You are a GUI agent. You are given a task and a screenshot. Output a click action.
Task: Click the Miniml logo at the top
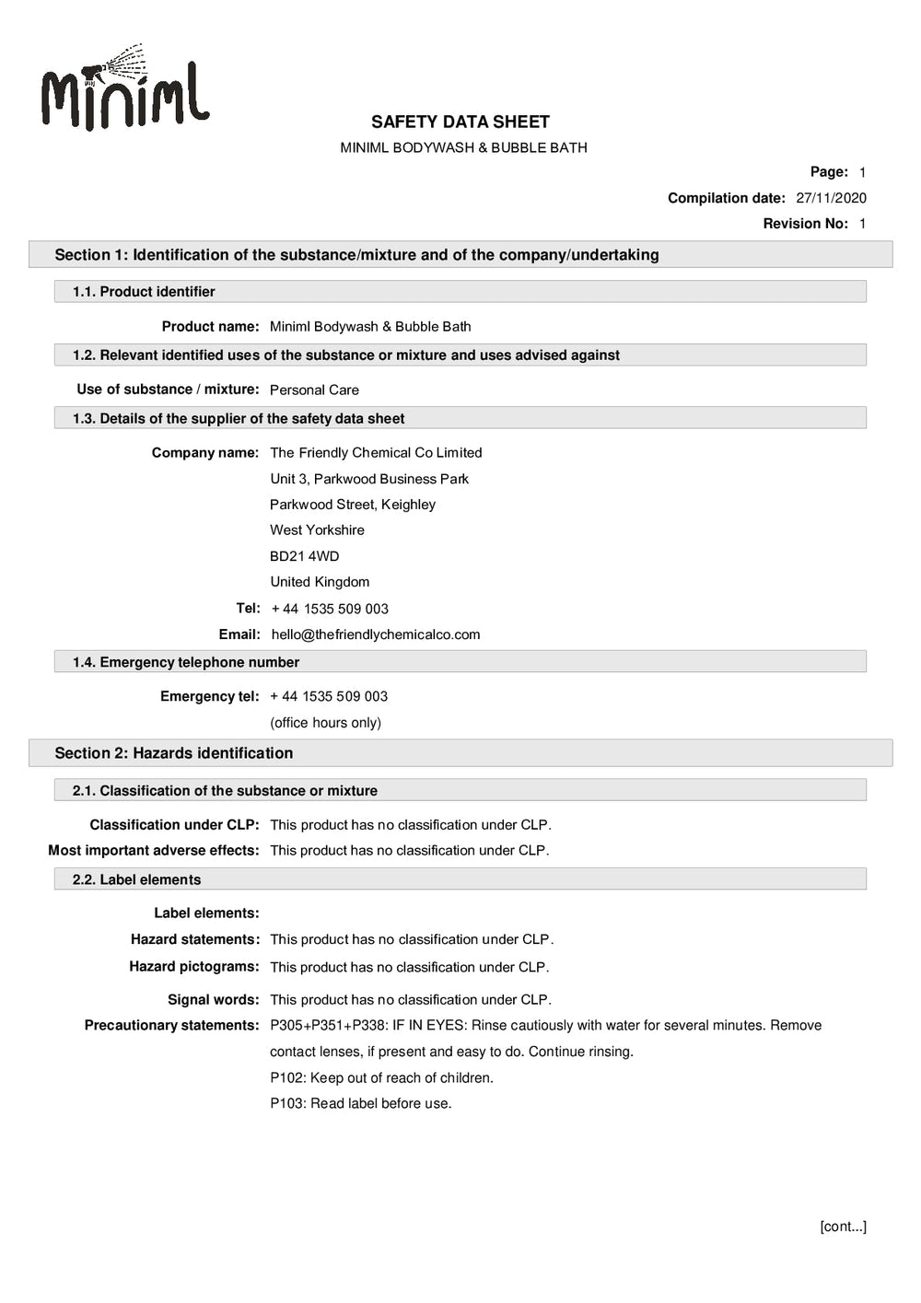(x=125, y=88)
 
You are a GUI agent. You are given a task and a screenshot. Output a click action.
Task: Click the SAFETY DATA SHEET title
(x=460, y=122)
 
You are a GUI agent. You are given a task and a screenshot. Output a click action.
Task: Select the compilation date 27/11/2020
(x=831, y=198)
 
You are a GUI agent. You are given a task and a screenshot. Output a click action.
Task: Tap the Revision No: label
(x=805, y=224)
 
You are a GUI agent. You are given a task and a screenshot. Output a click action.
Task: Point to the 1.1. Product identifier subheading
(x=144, y=292)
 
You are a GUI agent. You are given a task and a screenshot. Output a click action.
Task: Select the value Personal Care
(x=314, y=390)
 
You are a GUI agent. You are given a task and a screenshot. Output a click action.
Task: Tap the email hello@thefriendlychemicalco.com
(x=376, y=634)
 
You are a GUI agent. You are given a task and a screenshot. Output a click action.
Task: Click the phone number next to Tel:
(x=330, y=609)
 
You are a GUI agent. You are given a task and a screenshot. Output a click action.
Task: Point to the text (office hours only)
(x=325, y=723)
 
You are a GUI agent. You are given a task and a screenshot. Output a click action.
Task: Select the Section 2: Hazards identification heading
(x=174, y=753)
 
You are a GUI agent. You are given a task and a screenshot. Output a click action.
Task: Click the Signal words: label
(x=213, y=999)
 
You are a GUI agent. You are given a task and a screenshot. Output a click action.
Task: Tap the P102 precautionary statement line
(x=381, y=1077)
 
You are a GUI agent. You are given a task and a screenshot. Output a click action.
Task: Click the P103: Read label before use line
(x=360, y=1103)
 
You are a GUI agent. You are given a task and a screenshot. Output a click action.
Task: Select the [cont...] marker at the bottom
(x=842, y=1227)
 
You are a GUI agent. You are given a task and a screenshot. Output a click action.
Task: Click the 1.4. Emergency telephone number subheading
(x=186, y=662)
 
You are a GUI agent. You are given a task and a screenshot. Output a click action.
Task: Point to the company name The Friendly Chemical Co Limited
(x=376, y=453)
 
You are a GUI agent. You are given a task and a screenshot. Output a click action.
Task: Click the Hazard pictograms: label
(x=193, y=967)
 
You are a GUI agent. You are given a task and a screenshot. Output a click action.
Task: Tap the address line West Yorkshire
(x=317, y=530)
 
